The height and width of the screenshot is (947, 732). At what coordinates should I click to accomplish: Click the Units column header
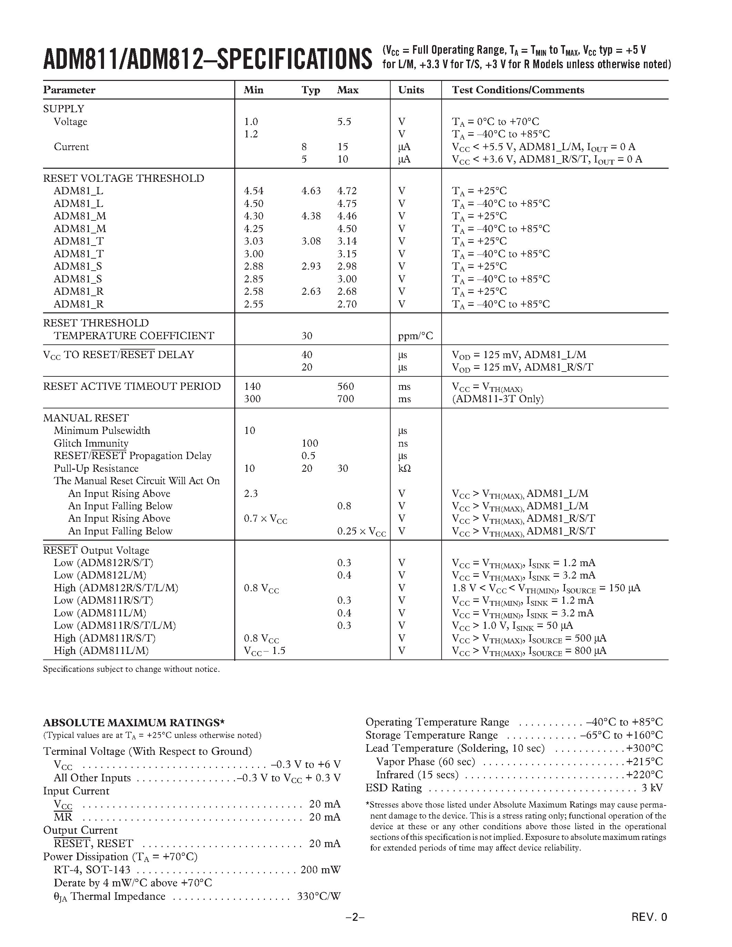(x=411, y=90)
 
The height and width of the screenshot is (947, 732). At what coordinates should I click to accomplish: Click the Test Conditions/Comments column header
(x=518, y=90)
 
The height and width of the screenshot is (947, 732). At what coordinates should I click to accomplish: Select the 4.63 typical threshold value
(x=311, y=191)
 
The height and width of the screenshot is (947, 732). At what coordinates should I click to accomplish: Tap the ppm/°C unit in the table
(x=415, y=336)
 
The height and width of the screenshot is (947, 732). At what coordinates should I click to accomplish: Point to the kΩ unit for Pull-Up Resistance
(x=404, y=469)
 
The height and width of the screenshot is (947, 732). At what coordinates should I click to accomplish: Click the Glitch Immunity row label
(x=91, y=444)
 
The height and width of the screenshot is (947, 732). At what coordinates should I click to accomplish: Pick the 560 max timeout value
(x=346, y=387)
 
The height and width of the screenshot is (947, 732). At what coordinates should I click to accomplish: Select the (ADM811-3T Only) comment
(x=498, y=399)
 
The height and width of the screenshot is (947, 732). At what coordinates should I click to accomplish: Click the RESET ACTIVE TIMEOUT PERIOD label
(x=132, y=387)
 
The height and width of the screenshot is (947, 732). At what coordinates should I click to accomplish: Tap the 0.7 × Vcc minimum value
(x=265, y=519)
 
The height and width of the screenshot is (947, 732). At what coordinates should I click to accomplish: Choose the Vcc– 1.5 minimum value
(x=265, y=651)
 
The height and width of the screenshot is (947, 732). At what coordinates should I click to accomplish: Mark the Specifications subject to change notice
(x=131, y=669)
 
